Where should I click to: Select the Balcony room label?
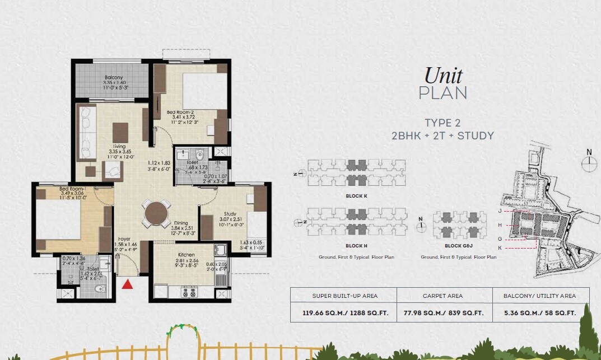pos(114,78)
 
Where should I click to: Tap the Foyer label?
pos(124,239)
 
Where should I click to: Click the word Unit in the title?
pos(443,75)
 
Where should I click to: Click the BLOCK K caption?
pos(357,197)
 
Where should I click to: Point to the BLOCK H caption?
pos(357,245)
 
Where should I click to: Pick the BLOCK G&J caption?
pos(459,245)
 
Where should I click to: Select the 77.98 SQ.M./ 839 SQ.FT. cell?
pos(444,313)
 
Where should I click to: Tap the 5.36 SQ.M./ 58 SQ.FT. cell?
pos(541,313)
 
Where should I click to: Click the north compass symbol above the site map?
pos(588,162)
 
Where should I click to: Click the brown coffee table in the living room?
pos(120,132)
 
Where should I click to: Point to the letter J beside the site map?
pos(499,212)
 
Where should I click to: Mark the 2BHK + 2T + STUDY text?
pos(443,135)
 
